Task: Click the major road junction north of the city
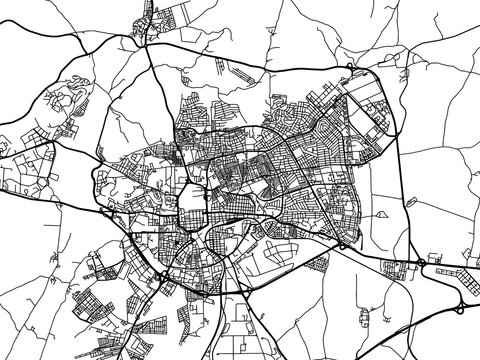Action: click(x=151, y=44)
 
